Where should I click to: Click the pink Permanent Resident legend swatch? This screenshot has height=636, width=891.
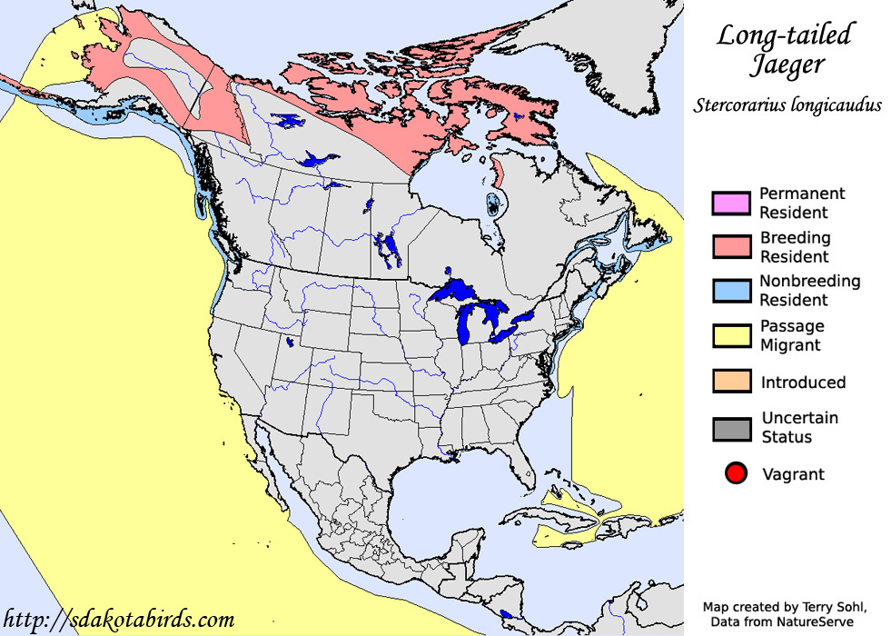(x=731, y=204)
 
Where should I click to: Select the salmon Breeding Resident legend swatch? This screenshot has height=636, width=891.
(x=731, y=247)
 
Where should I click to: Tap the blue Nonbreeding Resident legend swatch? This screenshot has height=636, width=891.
(x=731, y=291)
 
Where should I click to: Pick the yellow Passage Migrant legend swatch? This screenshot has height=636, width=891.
(x=731, y=335)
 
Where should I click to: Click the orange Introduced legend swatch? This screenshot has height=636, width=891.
(x=731, y=382)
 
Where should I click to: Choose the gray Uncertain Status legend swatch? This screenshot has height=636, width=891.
(x=731, y=428)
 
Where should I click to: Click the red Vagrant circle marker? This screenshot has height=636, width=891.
(x=736, y=473)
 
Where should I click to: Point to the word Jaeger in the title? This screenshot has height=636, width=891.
(x=787, y=65)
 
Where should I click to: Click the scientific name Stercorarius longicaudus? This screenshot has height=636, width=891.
(x=787, y=104)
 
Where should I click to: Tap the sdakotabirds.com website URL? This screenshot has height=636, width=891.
(x=119, y=620)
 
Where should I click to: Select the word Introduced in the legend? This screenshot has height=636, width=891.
(x=803, y=383)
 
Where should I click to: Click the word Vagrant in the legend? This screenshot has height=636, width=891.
(x=793, y=474)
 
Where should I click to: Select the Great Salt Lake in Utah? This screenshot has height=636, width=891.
(x=289, y=343)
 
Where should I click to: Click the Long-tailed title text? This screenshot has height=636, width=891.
(x=786, y=35)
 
